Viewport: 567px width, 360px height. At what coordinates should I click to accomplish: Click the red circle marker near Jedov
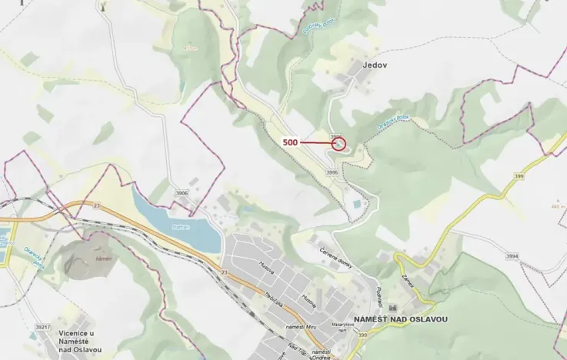click(x=339, y=143)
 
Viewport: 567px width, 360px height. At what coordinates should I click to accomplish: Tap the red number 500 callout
click(x=290, y=142)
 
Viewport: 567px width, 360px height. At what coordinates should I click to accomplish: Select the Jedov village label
click(x=375, y=65)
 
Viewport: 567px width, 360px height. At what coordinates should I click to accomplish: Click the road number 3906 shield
click(x=182, y=193)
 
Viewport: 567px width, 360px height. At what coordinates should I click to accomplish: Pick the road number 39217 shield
click(x=42, y=326)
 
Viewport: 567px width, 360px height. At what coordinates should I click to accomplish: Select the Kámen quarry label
click(x=104, y=259)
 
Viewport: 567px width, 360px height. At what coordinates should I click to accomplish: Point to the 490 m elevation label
click(x=559, y=207)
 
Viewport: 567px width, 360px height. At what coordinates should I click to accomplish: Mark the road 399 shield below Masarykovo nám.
click(x=362, y=335)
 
